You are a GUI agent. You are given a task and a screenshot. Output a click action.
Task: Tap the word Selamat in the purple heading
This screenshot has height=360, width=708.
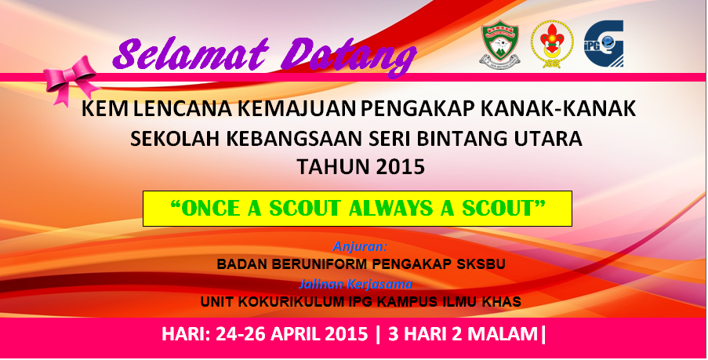pos(191,55)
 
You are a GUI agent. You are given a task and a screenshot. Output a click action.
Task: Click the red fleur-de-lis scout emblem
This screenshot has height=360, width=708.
pos(552,44)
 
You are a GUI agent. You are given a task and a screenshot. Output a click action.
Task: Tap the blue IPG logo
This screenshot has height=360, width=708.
pos(604,44)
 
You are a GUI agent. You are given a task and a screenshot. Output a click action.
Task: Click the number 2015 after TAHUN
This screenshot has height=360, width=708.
pos(400,168)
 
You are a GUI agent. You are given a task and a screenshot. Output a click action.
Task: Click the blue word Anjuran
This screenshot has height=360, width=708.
pos(360,246)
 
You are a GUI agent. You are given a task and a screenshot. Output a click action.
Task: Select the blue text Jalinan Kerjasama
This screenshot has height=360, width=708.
pos(355,284)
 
